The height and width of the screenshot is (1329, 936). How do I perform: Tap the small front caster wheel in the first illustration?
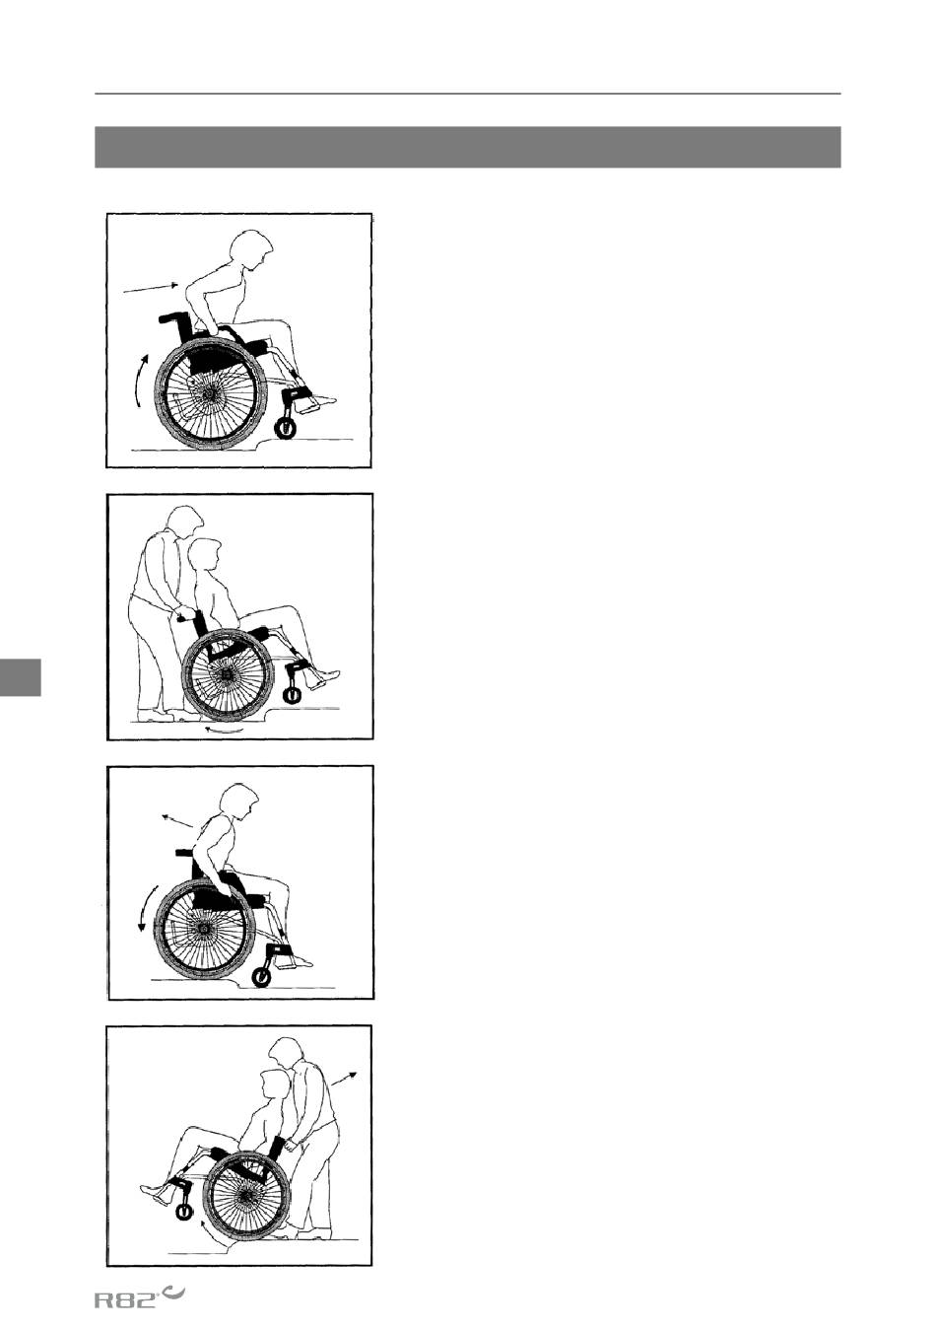tap(285, 427)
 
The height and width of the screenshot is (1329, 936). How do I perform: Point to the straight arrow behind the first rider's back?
tap(150, 288)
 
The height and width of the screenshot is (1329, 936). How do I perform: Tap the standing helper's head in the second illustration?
tap(185, 522)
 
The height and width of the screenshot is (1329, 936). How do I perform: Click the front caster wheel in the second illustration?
tap(291, 695)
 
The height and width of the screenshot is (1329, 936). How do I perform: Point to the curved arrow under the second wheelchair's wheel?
tap(224, 731)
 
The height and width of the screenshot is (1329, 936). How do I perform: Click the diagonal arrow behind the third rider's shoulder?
tap(177, 821)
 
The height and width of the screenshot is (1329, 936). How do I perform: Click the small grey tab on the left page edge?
tap(21, 676)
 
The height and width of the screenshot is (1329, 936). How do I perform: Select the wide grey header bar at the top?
tap(468, 147)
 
